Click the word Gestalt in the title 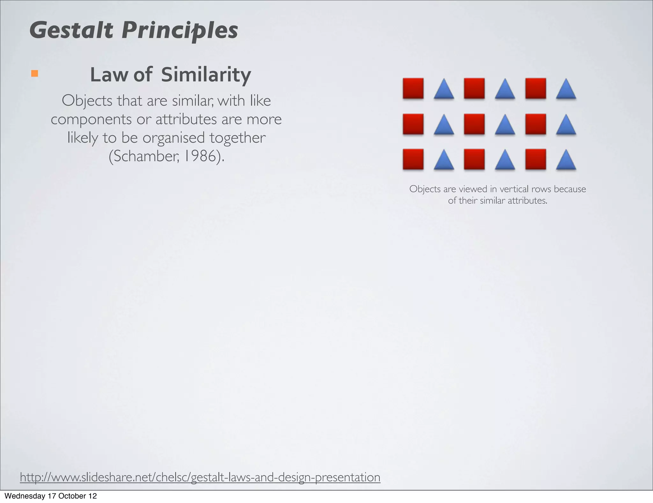point(71,30)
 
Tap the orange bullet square point(34,74)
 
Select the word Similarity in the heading point(206,75)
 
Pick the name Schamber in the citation point(144,156)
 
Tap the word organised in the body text point(173,138)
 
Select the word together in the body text point(238,138)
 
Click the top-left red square point(413,88)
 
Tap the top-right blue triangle point(566,89)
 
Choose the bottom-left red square point(413,159)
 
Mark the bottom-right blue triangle point(566,160)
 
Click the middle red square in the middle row point(474,124)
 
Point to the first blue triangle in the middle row point(444,125)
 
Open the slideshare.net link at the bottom point(200,477)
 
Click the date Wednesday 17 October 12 point(51,496)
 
